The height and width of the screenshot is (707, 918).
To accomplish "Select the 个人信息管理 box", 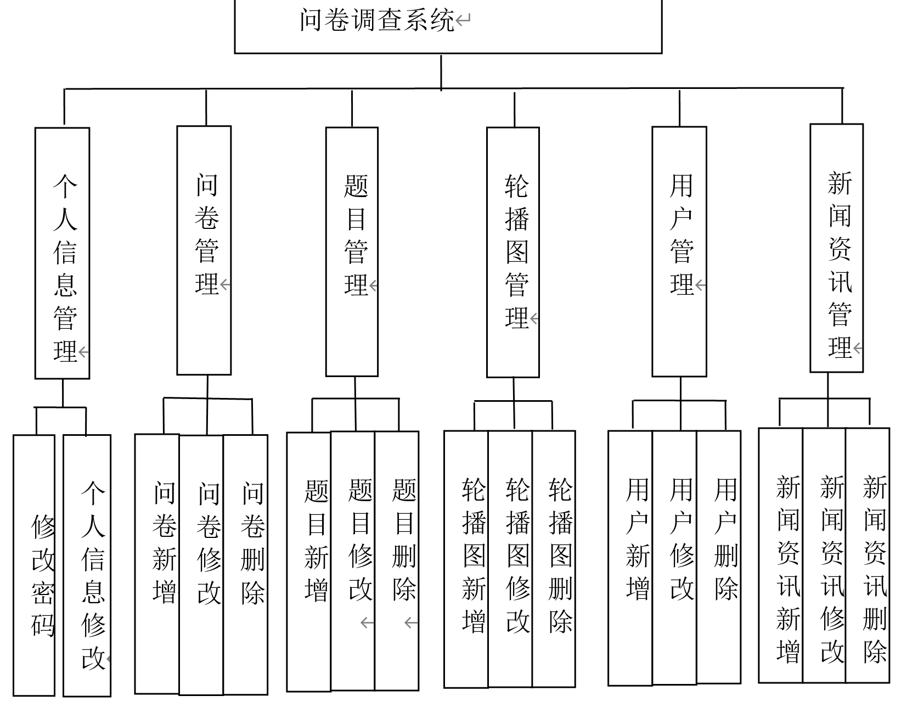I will pyautogui.click(x=62, y=253).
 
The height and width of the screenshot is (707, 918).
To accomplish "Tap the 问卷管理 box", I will pyautogui.click(x=204, y=250).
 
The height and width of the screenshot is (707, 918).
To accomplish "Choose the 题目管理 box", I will pyautogui.click(x=352, y=252).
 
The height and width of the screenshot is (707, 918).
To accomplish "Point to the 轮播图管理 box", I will pyautogui.click(x=513, y=252).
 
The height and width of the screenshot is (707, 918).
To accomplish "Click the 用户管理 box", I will pyautogui.click(x=679, y=251).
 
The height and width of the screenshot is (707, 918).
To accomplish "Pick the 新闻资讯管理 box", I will pyautogui.click(x=837, y=248).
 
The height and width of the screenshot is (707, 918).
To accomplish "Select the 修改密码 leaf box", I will pyautogui.click(x=34, y=565).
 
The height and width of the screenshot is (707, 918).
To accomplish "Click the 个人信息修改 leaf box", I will pyautogui.click(x=87, y=565).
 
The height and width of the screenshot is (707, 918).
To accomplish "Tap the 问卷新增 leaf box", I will pyautogui.click(x=157, y=563).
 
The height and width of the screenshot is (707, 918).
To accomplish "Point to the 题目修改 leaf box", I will pyautogui.click(x=353, y=561).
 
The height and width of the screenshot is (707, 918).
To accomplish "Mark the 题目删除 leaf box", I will pyautogui.click(x=397, y=561).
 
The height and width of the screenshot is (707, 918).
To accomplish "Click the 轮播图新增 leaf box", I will pyautogui.click(x=466, y=559).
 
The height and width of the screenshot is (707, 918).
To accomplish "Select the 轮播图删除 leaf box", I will pyautogui.click(x=554, y=559).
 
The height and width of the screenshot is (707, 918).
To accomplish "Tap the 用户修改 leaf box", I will pyautogui.click(x=675, y=558).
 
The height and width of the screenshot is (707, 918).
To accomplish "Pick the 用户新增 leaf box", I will pyautogui.click(x=630, y=558).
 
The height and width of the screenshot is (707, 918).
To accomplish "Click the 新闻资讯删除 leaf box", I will pyautogui.click(x=868, y=555).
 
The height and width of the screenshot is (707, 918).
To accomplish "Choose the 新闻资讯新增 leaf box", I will pyautogui.click(x=781, y=555).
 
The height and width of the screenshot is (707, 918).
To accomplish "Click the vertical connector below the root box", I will pyautogui.click(x=441, y=71).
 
